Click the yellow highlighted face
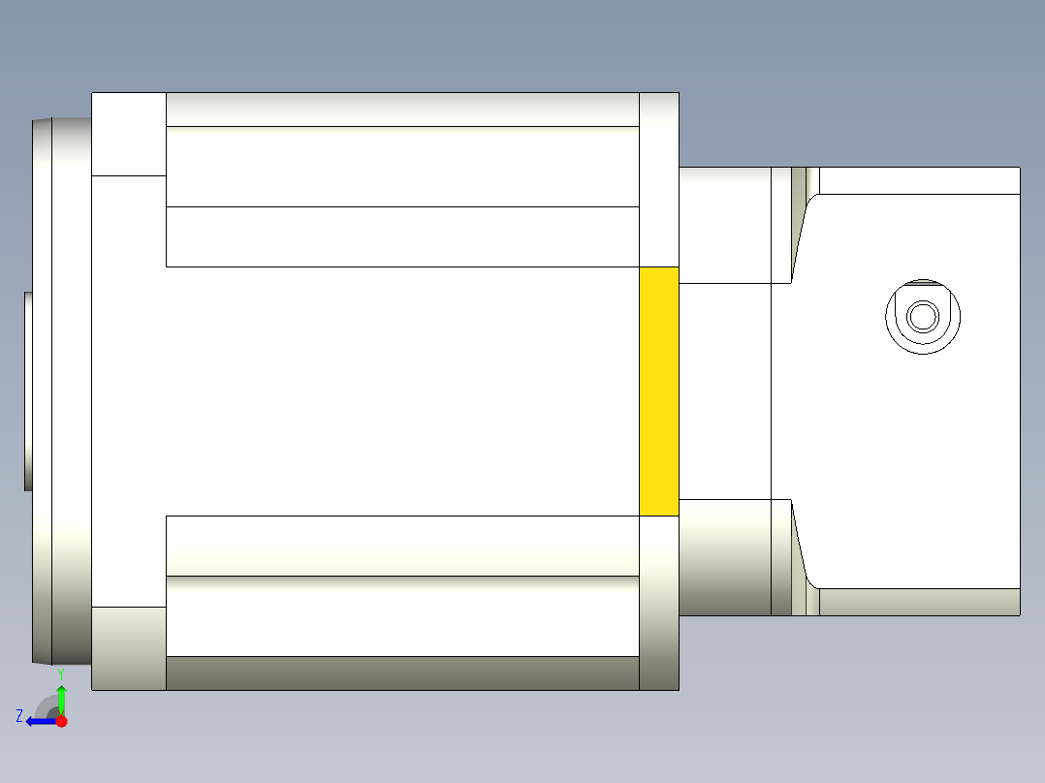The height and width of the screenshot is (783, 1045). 658,391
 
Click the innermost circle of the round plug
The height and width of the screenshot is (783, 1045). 923,316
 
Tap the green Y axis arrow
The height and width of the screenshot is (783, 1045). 61,700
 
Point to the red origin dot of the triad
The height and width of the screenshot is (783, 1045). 61,721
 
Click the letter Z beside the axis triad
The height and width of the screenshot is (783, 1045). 19,716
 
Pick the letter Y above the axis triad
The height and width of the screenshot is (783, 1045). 60,673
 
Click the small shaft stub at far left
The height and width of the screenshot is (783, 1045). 28,391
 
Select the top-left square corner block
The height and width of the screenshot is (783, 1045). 129,134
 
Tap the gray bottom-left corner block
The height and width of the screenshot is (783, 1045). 129,648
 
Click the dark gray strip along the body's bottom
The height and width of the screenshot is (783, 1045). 402,673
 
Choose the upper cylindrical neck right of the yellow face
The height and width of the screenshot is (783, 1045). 724,225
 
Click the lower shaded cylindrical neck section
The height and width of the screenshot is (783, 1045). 724,556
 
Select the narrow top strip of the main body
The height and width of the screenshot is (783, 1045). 402,110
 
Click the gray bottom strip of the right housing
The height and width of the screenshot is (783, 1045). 919,602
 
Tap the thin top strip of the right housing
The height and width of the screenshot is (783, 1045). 919,180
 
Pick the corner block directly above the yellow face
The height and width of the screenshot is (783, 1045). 659,179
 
